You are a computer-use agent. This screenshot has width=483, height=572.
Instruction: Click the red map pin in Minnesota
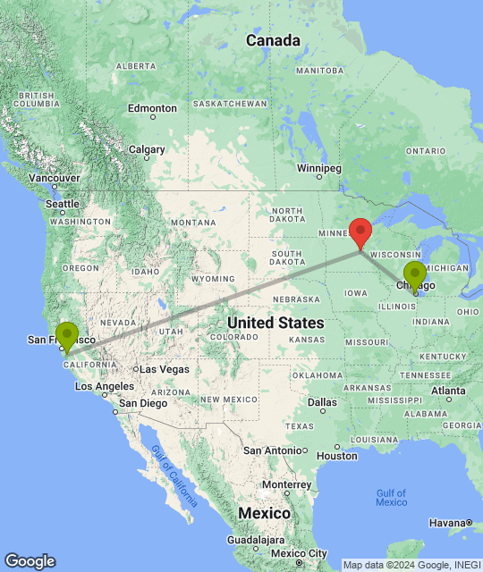click(x=360, y=231)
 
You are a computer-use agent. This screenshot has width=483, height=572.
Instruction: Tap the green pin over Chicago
click(x=414, y=274)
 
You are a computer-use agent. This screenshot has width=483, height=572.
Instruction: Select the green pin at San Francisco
click(x=67, y=335)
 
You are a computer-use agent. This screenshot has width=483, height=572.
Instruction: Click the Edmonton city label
click(x=151, y=108)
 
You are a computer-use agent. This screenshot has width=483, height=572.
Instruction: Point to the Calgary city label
click(x=147, y=150)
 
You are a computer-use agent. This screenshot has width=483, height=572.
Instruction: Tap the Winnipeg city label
click(x=319, y=168)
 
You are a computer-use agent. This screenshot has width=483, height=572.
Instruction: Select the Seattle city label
click(x=63, y=204)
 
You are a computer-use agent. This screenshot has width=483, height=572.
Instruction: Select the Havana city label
click(x=446, y=523)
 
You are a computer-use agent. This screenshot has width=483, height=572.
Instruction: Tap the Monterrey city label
click(x=286, y=484)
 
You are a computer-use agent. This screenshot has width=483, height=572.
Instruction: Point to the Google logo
click(x=30, y=560)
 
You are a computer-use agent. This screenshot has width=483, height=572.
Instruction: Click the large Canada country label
click(x=273, y=40)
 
